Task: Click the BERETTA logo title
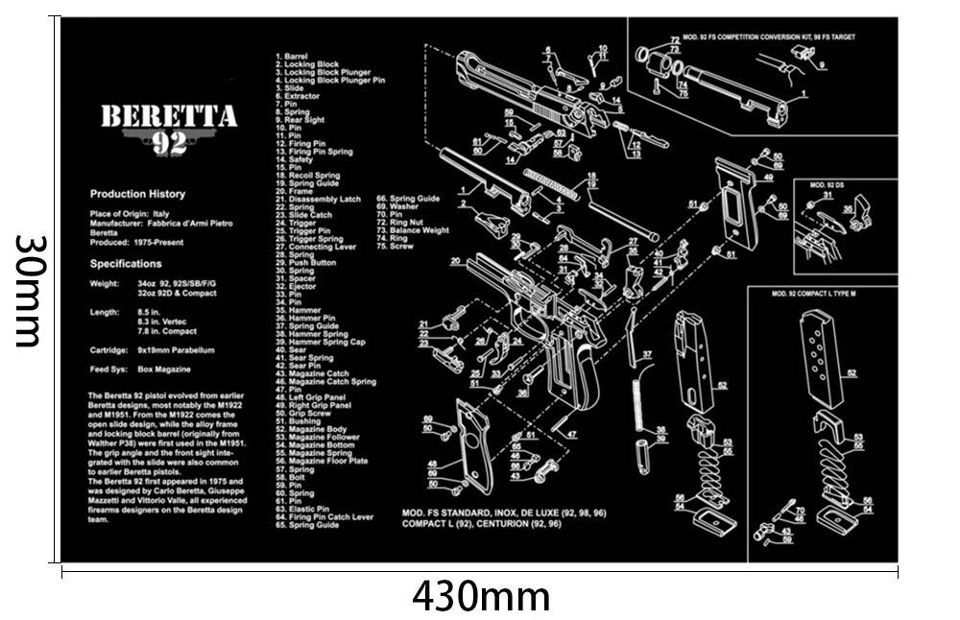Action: click(x=169, y=116)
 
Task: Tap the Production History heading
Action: click(x=137, y=194)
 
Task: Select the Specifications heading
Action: click(x=126, y=263)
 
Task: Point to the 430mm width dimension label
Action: click(x=481, y=597)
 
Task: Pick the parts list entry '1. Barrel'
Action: click(x=294, y=57)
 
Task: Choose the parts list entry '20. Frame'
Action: click(x=293, y=191)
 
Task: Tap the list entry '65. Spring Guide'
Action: click(x=307, y=525)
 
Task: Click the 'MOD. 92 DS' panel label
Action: click(x=828, y=183)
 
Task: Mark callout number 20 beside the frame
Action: click(x=454, y=261)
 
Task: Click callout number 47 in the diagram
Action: click(x=571, y=434)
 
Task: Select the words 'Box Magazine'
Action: click(x=155, y=370)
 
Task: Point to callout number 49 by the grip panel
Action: click(x=768, y=178)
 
